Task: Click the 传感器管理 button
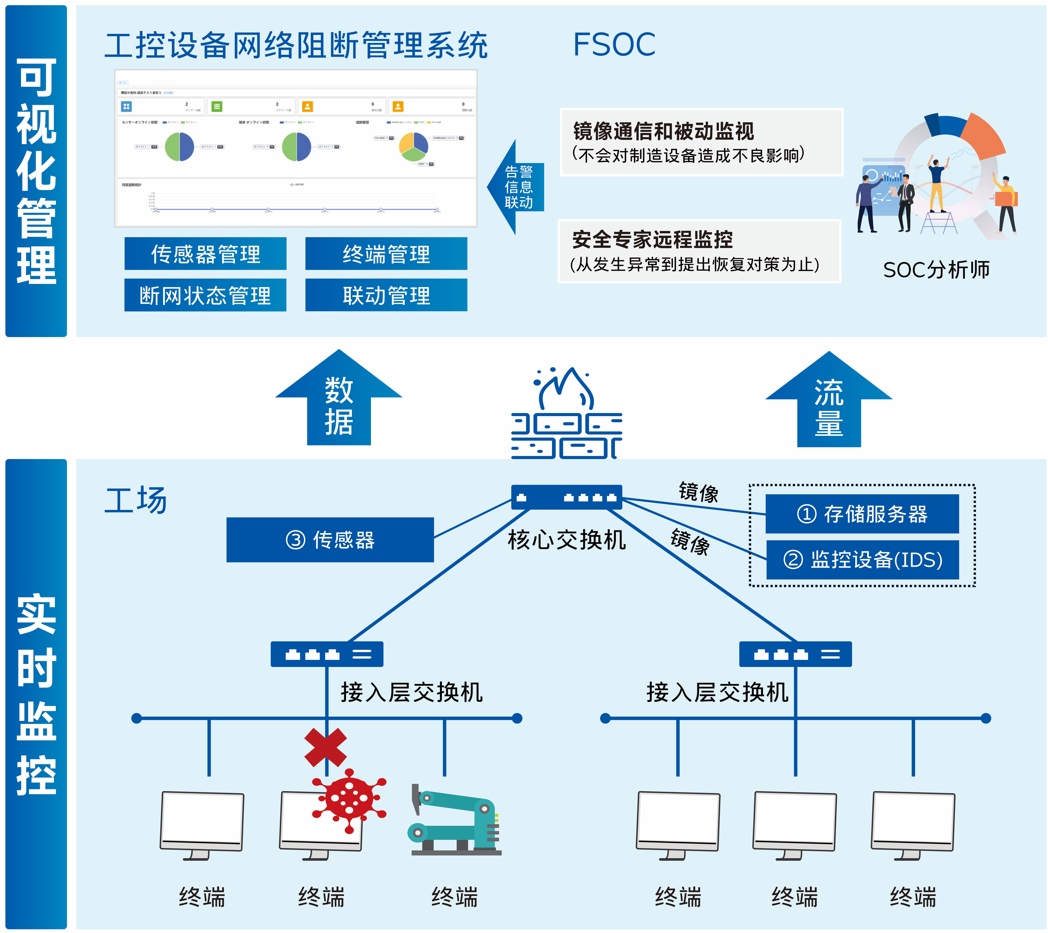(205, 254)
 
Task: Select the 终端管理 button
(386, 254)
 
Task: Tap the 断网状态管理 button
(205, 296)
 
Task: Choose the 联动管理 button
(386, 296)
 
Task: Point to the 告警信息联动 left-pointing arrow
(515, 187)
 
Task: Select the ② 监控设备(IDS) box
(862, 560)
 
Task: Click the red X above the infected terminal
(325, 747)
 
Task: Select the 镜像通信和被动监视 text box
(701, 142)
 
